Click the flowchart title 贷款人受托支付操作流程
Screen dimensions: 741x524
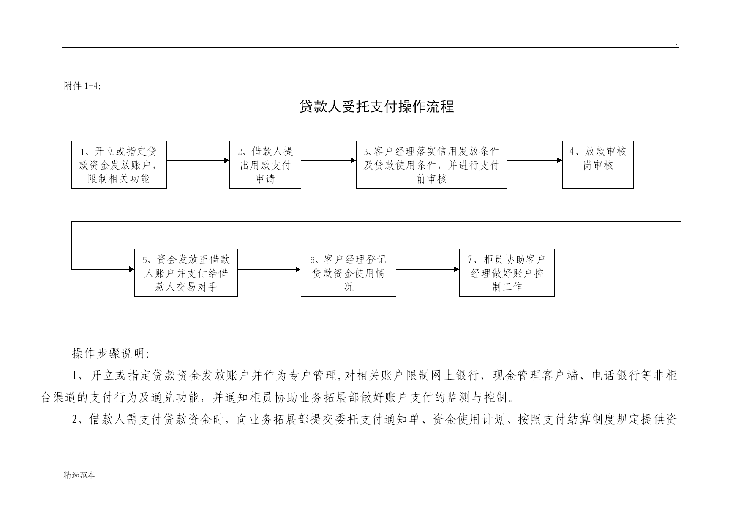[376, 107]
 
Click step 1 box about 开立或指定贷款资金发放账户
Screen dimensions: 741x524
[119, 165]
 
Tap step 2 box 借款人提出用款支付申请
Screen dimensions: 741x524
[265, 165]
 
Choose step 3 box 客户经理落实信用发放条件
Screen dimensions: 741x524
[432, 165]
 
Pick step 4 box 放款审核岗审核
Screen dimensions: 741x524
[598, 165]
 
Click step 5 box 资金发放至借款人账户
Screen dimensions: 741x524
[186, 273]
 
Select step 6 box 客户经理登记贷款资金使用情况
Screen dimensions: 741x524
[349, 273]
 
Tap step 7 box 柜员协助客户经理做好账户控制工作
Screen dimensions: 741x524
[507, 273]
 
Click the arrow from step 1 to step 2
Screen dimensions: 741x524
[198, 160]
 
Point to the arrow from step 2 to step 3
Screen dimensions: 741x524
[329, 160]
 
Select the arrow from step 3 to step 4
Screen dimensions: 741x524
[535, 160]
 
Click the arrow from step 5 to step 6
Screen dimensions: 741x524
[270, 269]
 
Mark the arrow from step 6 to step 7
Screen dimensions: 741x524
[428, 269]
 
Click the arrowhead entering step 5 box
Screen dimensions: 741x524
[132, 269]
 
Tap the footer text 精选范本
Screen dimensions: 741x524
[79, 475]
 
